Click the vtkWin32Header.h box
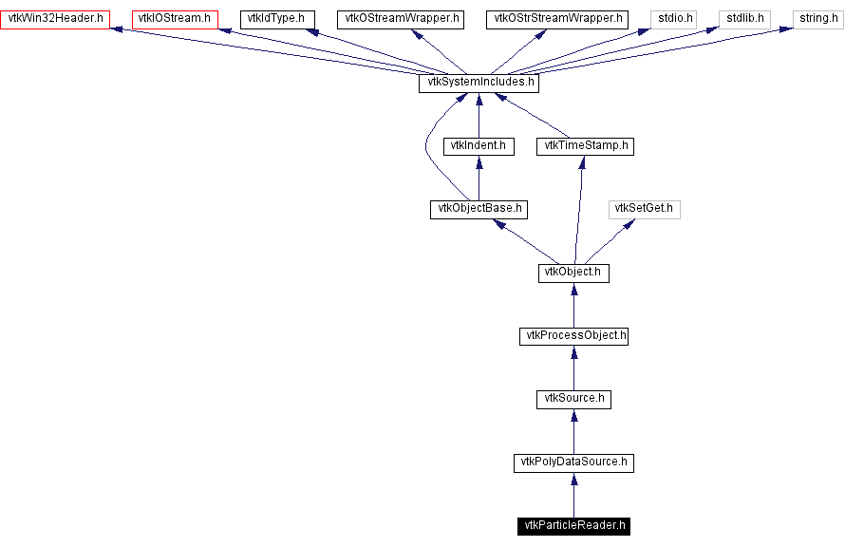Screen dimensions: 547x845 point(55,19)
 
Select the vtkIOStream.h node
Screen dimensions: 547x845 point(175,19)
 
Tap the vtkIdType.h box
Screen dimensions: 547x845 point(275,19)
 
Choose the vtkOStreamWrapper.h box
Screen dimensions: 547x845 point(398,19)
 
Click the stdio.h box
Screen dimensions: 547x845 point(673,19)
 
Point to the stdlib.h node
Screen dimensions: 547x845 point(745,19)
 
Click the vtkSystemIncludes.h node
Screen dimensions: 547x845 point(479,83)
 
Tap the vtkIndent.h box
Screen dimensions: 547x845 point(479,146)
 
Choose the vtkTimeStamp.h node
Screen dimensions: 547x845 point(585,146)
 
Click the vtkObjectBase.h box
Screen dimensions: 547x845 point(479,209)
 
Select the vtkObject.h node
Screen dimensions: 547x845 point(573,273)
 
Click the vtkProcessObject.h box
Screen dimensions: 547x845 point(573,336)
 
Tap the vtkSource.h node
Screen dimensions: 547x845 point(573,399)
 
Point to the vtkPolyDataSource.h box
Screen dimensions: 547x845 point(573,462)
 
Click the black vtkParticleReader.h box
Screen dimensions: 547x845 point(573,526)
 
